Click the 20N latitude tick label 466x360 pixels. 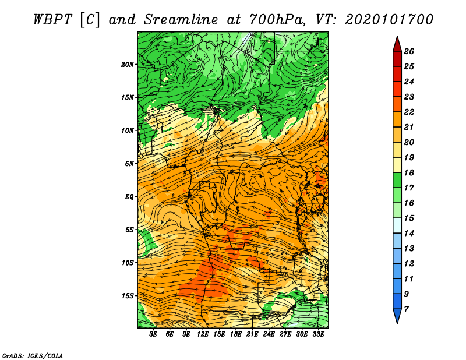128,65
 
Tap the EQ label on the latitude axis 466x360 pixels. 129,197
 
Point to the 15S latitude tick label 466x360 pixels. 128,296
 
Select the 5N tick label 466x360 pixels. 129,164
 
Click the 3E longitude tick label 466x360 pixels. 153,334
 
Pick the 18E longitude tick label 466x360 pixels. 236,334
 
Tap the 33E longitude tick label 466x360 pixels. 318,334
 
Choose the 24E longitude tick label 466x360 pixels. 269,334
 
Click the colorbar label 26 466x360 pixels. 409,51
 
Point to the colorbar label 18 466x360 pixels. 409,172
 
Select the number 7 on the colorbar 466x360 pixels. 406,309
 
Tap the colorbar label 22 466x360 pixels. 409,112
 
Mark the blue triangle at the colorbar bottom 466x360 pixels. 397,315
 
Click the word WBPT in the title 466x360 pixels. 53,20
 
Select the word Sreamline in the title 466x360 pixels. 181,20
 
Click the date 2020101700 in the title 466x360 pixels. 389,20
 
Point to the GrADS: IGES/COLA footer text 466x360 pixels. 33,356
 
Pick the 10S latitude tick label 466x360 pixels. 128,263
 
